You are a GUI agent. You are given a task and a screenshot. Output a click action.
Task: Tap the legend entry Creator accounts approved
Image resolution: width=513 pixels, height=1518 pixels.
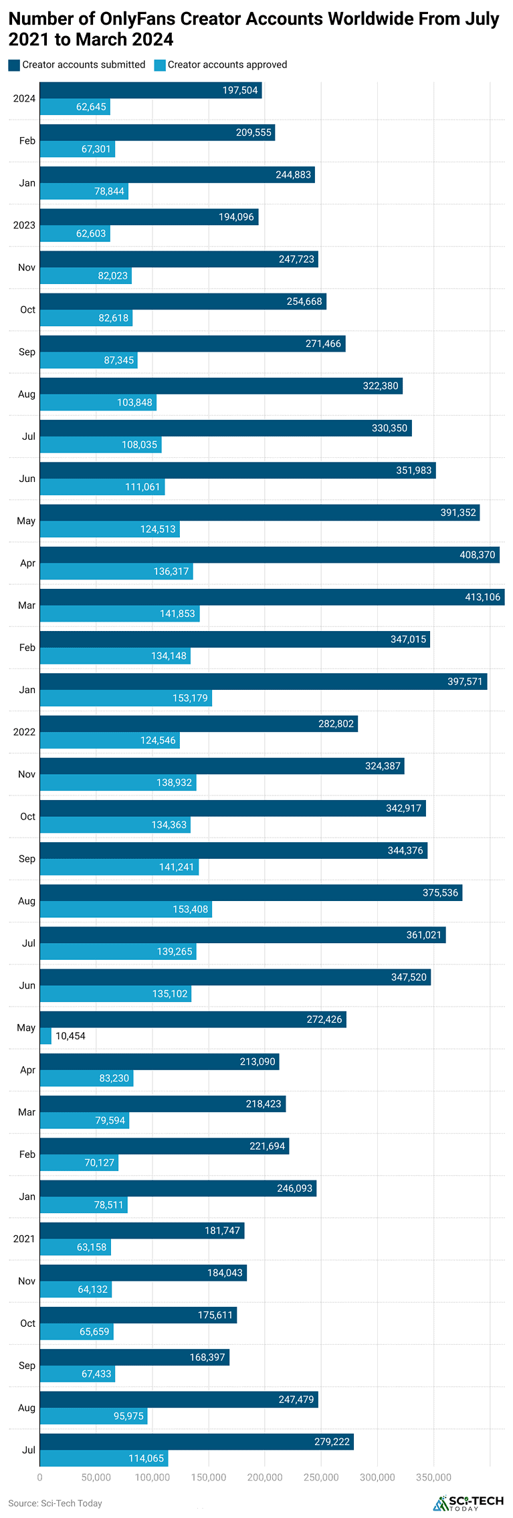point(221,65)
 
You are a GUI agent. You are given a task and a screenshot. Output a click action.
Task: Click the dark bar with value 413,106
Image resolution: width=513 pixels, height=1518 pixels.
point(272,597)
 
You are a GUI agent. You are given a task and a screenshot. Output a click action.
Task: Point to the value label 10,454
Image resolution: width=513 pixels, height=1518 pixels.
point(70,1036)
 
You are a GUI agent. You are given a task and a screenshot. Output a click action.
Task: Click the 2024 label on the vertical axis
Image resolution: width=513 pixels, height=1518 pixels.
point(24,99)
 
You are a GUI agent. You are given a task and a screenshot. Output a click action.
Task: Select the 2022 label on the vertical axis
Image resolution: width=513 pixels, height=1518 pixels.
point(24,732)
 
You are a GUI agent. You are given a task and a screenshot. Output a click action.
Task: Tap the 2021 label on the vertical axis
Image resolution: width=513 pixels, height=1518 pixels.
point(24,1239)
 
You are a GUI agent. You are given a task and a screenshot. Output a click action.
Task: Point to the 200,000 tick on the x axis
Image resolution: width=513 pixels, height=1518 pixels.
point(265,1477)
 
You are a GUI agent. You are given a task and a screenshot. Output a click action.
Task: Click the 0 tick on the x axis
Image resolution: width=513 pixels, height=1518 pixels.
point(40,1477)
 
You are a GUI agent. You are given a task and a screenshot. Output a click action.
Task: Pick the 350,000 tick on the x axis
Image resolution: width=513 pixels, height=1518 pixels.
point(433,1477)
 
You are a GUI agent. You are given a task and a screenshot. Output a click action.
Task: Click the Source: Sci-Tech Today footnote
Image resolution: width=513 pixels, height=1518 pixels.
point(55,1503)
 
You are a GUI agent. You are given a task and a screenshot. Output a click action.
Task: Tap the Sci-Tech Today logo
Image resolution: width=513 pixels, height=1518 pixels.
point(468,1503)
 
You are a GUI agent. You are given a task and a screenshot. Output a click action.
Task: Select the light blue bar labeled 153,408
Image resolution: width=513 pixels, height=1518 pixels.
point(126,909)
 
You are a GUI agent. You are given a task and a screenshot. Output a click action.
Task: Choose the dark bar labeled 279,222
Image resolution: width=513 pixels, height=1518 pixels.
point(197,1442)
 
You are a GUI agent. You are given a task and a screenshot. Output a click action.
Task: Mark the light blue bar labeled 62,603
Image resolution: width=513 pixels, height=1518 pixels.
point(75,233)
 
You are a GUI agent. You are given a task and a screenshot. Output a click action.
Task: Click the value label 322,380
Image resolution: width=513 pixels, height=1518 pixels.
point(381,386)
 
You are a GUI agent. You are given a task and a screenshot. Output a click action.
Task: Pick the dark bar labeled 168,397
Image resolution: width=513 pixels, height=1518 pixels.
point(134,1357)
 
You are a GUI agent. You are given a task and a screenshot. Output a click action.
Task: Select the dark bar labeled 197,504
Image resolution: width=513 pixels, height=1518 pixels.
point(150,90)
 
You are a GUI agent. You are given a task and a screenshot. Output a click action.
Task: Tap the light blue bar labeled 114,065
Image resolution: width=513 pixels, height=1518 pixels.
point(104,1459)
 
